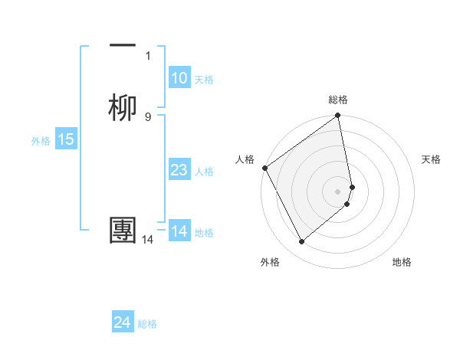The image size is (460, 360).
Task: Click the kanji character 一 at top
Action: click(x=123, y=46)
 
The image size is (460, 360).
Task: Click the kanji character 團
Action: click(x=123, y=231)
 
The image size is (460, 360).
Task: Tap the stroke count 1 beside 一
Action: click(x=148, y=55)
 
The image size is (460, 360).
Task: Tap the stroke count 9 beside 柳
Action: click(x=148, y=116)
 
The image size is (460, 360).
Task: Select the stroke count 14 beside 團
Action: click(x=148, y=240)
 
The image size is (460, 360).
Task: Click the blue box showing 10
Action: click(x=179, y=78)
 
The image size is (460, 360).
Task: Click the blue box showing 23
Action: click(x=179, y=170)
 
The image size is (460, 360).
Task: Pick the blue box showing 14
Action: click(x=179, y=231)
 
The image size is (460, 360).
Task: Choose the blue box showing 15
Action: click(x=66, y=139)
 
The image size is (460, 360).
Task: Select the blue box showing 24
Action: click(x=123, y=323)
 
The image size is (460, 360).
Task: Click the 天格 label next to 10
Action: click(x=204, y=79)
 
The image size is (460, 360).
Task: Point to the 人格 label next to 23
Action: click(x=204, y=171)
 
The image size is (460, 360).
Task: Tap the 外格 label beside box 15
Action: click(x=41, y=140)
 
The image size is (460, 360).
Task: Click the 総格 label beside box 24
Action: click(x=147, y=324)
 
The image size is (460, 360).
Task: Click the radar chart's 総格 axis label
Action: click(x=338, y=100)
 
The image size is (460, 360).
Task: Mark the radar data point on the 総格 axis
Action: click(x=338, y=117)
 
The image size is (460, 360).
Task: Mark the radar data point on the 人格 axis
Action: click(x=264, y=168)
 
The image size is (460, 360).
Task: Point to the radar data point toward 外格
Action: click(x=301, y=242)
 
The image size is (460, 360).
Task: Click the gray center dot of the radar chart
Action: click(x=338, y=191)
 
